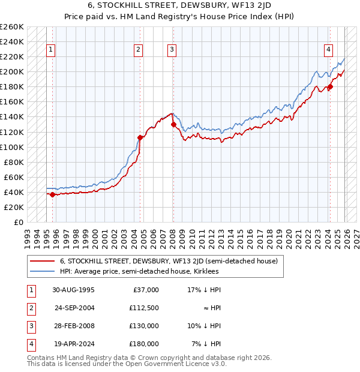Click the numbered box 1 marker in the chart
[51, 50]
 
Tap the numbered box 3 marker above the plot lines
[172, 50]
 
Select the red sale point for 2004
[140, 137]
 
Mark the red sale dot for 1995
[52, 194]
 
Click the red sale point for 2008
[173, 124]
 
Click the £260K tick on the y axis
[12, 27]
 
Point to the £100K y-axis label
[12, 147]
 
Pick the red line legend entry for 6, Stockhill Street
[168, 261]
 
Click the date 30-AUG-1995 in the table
[73, 290]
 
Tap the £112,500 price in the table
[144, 308]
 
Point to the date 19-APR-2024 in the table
[73, 344]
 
